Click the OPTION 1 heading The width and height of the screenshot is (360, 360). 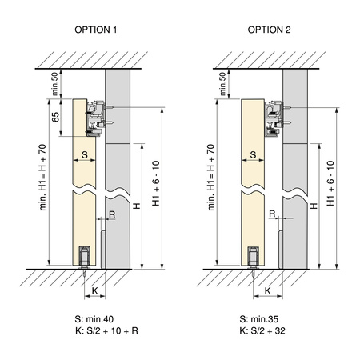click(x=96, y=30)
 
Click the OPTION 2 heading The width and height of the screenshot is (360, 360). click(x=269, y=30)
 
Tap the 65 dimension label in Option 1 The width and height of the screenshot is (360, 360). click(x=55, y=117)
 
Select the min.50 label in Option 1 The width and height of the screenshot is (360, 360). click(x=54, y=84)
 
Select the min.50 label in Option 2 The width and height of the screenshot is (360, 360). click(x=222, y=84)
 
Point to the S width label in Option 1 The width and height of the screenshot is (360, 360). click(x=85, y=154)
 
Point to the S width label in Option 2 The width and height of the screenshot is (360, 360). click(x=253, y=154)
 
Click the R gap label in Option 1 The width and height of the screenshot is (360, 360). click(x=112, y=214)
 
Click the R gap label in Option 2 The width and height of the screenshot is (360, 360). click(x=272, y=214)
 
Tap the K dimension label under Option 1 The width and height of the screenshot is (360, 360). click(x=94, y=290)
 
